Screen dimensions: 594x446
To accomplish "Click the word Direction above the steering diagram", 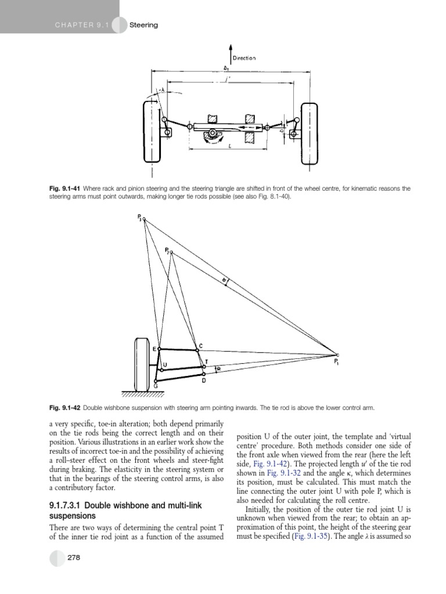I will [x=244, y=58].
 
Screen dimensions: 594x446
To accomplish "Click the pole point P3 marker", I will [x=145, y=219].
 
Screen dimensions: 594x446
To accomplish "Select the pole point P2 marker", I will [x=171, y=252].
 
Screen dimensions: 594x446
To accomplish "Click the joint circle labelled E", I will [x=160, y=349].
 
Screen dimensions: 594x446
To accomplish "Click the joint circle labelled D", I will [x=203, y=376].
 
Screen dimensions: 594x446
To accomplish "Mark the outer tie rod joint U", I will [x=161, y=370].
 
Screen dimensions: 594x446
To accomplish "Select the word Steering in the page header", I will [x=143, y=25].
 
